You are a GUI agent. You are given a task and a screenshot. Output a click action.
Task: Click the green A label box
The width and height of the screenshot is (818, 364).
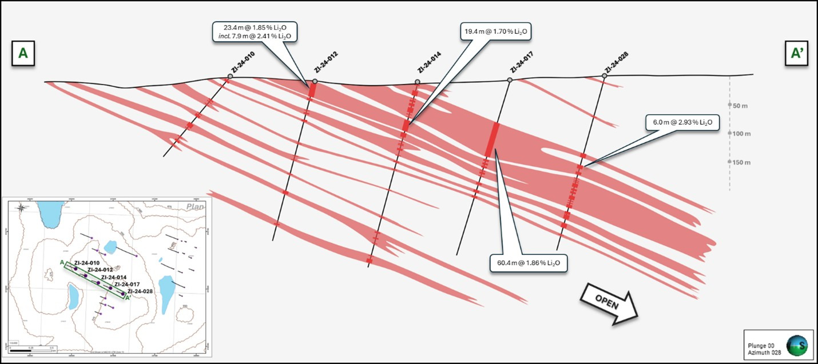coord(23,53)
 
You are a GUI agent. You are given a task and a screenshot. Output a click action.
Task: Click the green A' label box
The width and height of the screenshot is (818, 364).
coord(797,53)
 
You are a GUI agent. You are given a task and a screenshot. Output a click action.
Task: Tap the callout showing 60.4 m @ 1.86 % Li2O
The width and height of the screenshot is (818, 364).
coord(529,263)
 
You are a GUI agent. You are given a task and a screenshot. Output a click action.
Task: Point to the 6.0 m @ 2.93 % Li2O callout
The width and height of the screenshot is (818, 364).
coord(682,122)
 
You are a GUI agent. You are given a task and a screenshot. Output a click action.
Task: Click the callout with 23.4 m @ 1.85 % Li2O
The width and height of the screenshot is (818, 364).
coord(255,31)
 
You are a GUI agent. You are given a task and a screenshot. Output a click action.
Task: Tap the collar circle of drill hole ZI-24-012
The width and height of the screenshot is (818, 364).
coord(315,81)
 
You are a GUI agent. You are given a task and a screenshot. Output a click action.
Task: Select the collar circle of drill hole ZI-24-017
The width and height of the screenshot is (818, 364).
coord(510,80)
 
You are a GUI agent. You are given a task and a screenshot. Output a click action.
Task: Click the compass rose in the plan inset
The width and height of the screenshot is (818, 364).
coord(21,207)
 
